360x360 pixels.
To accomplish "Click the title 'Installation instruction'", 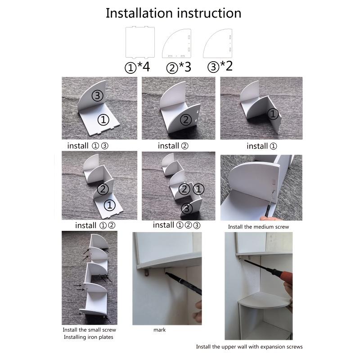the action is click(173, 13).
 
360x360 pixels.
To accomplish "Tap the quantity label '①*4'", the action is click(137, 67).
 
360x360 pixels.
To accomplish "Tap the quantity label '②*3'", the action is click(179, 67).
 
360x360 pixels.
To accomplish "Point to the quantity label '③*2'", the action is click(220, 67).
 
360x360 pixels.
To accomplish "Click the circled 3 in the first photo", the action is click(97, 95).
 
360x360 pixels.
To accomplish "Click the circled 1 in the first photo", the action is click(103, 120).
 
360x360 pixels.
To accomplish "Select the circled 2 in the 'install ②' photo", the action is click(186, 120).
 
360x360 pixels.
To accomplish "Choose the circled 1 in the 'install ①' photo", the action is click(273, 114).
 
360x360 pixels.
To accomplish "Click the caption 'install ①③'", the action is click(88, 146).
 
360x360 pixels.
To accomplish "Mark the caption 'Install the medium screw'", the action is click(258, 227).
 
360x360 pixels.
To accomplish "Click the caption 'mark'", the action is click(160, 330).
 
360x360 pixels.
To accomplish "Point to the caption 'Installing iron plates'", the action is click(88, 337).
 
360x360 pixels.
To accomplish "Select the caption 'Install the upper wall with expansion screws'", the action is click(249, 346).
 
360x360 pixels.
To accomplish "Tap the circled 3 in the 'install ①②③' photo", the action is click(187, 208).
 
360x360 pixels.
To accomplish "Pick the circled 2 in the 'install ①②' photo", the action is click(103, 189).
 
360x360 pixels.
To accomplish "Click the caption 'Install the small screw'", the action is click(89, 330).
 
